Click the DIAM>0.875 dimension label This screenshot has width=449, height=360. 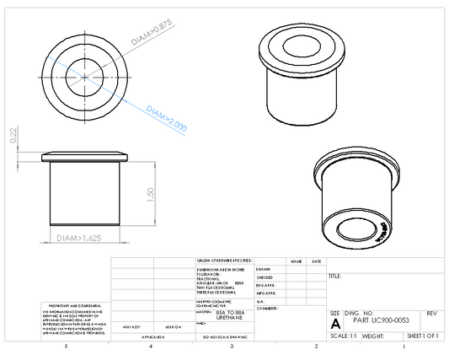coord(152,32)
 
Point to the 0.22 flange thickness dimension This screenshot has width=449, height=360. coord(13,136)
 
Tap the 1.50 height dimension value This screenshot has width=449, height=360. coord(150,195)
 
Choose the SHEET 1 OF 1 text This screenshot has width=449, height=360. coord(423,336)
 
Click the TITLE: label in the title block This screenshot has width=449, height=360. coord(334,276)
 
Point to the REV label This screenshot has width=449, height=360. coord(431,313)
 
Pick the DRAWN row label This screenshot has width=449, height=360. coord(264,269)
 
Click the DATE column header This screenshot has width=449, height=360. coord(316,262)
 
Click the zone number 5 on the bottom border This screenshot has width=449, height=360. coord(67,347)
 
